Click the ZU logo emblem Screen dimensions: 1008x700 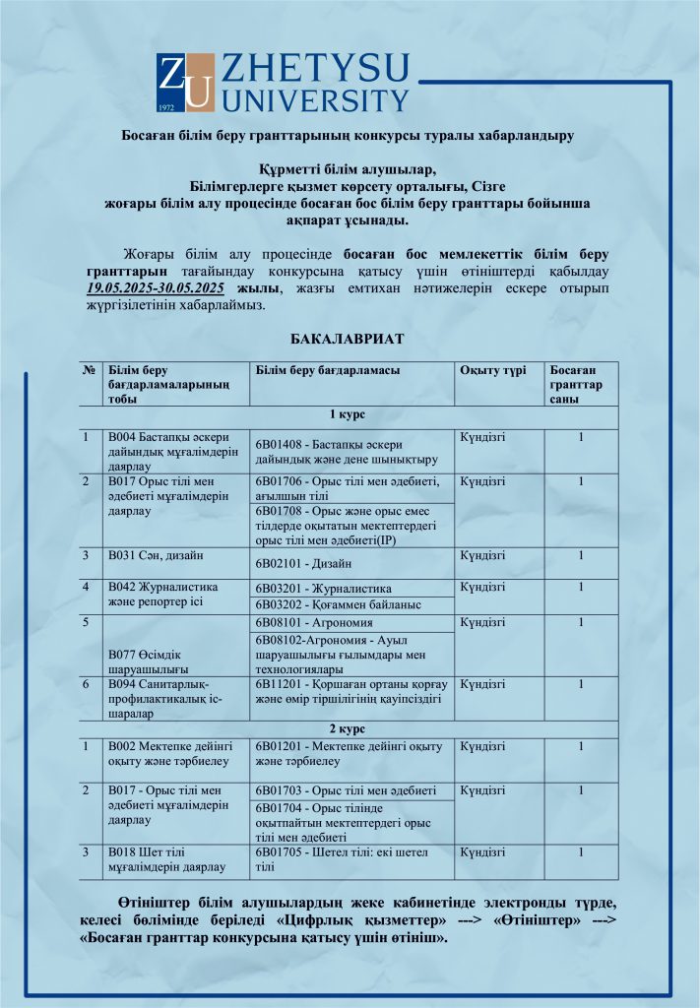pyautogui.click(x=185, y=83)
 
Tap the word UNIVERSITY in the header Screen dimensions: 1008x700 pyautogui.click(x=315, y=100)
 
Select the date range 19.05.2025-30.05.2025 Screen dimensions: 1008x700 pyautogui.click(x=156, y=287)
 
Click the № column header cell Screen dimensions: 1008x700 pyautogui.click(x=90, y=369)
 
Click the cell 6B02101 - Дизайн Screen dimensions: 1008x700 pyautogui.click(x=305, y=563)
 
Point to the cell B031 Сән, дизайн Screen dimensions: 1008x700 pyautogui.click(x=147, y=556)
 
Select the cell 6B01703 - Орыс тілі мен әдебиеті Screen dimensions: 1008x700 pyautogui.click(x=346, y=790)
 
